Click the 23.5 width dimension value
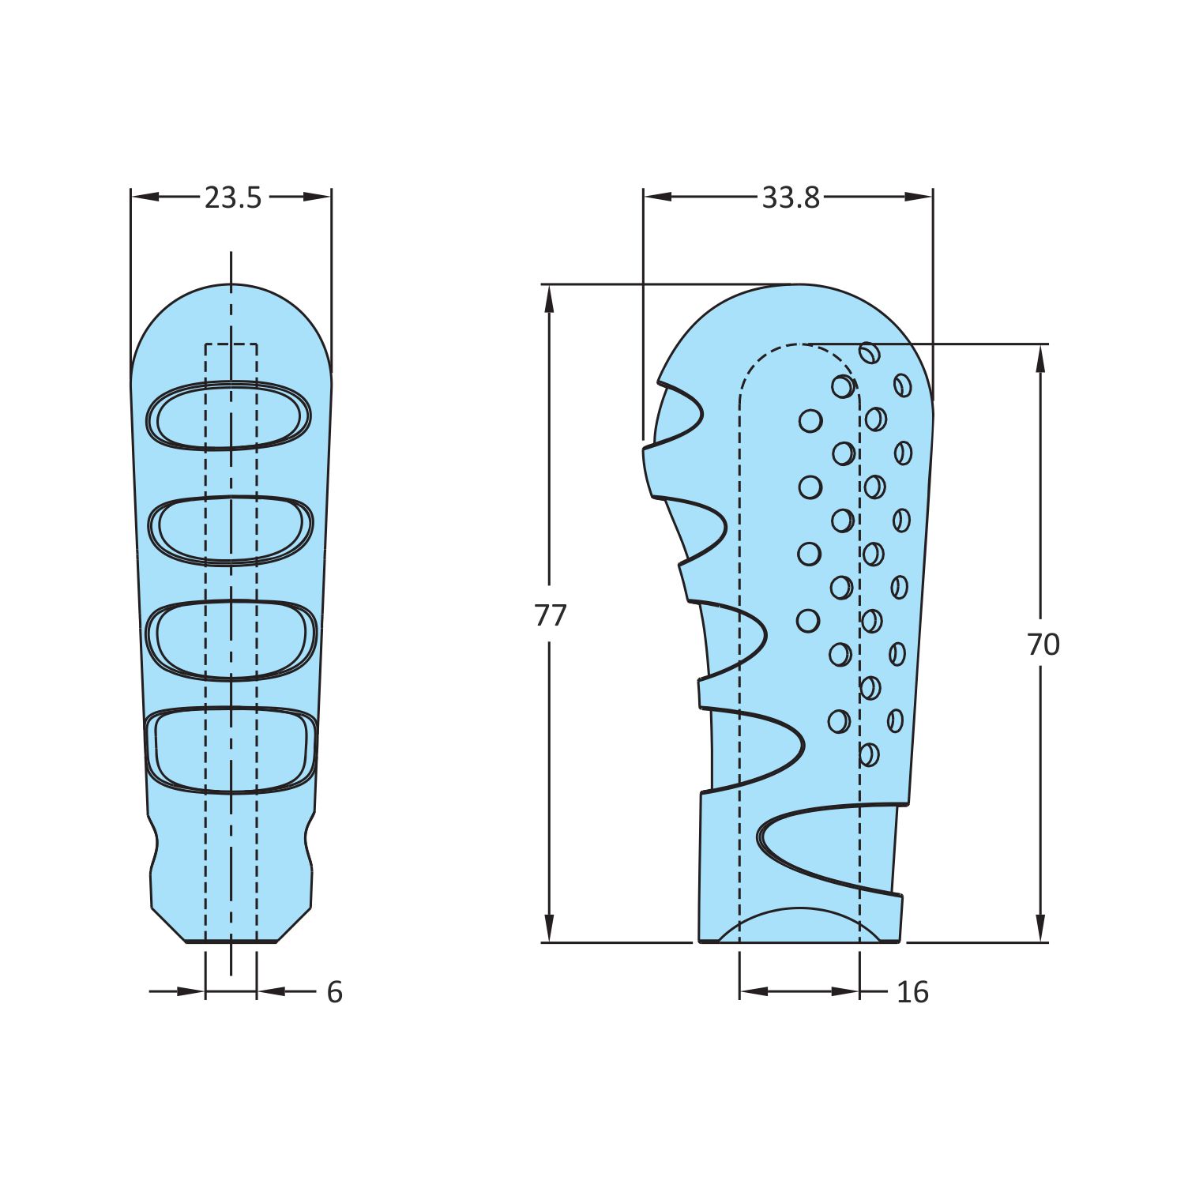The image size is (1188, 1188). pyautogui.click(x=232, y=197)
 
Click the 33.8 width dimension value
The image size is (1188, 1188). pyautogui.click(x=791, y=197)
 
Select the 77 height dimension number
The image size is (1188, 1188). pyautogui.click(x=551, y=615)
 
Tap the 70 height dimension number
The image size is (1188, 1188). pyautogui.click(x=1043, y=645)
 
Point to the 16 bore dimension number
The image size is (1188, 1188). pyautogui.click(x=912, y=992)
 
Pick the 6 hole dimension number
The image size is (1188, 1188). pyautogui.click(x=335, y=992)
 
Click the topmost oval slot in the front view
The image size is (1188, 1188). pyautogui.click(x=229, y=415)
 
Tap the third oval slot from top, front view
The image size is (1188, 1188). pyautogui.click(x=232, y=641)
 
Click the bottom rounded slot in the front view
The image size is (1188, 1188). pyautogui.click(x=231, y=749)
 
